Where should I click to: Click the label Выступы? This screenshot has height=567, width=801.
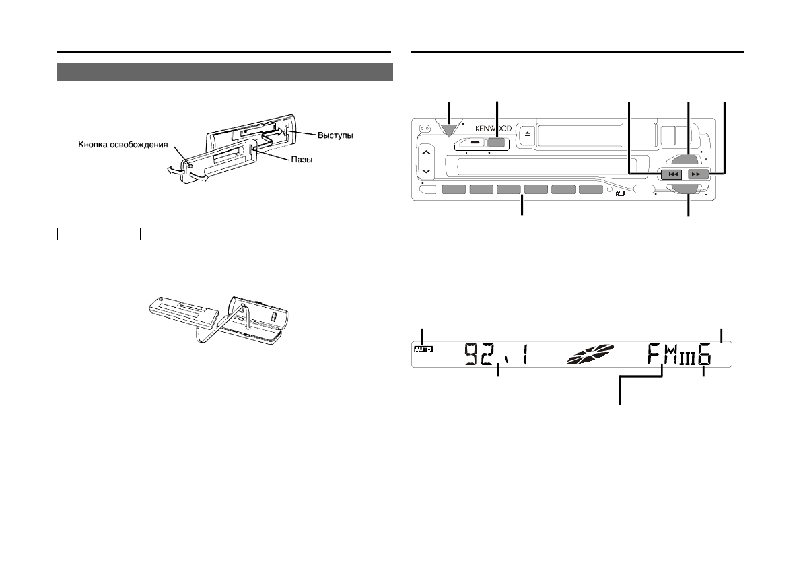tap(335, 135)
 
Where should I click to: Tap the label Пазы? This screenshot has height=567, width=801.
tap(302, 160)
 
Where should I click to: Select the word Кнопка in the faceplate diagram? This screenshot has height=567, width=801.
tap(93, 145)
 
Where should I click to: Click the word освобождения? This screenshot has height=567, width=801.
tap(139, 145)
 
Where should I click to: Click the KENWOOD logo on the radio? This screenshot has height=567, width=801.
tap(493, 129)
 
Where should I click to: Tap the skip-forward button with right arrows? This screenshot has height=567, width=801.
tap(697, 174)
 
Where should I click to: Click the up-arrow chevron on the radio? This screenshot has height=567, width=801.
tap(427, 153)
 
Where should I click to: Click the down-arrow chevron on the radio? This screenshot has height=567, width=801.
tap(427, 171)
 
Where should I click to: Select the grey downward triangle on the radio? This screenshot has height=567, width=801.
tap(449, 129)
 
